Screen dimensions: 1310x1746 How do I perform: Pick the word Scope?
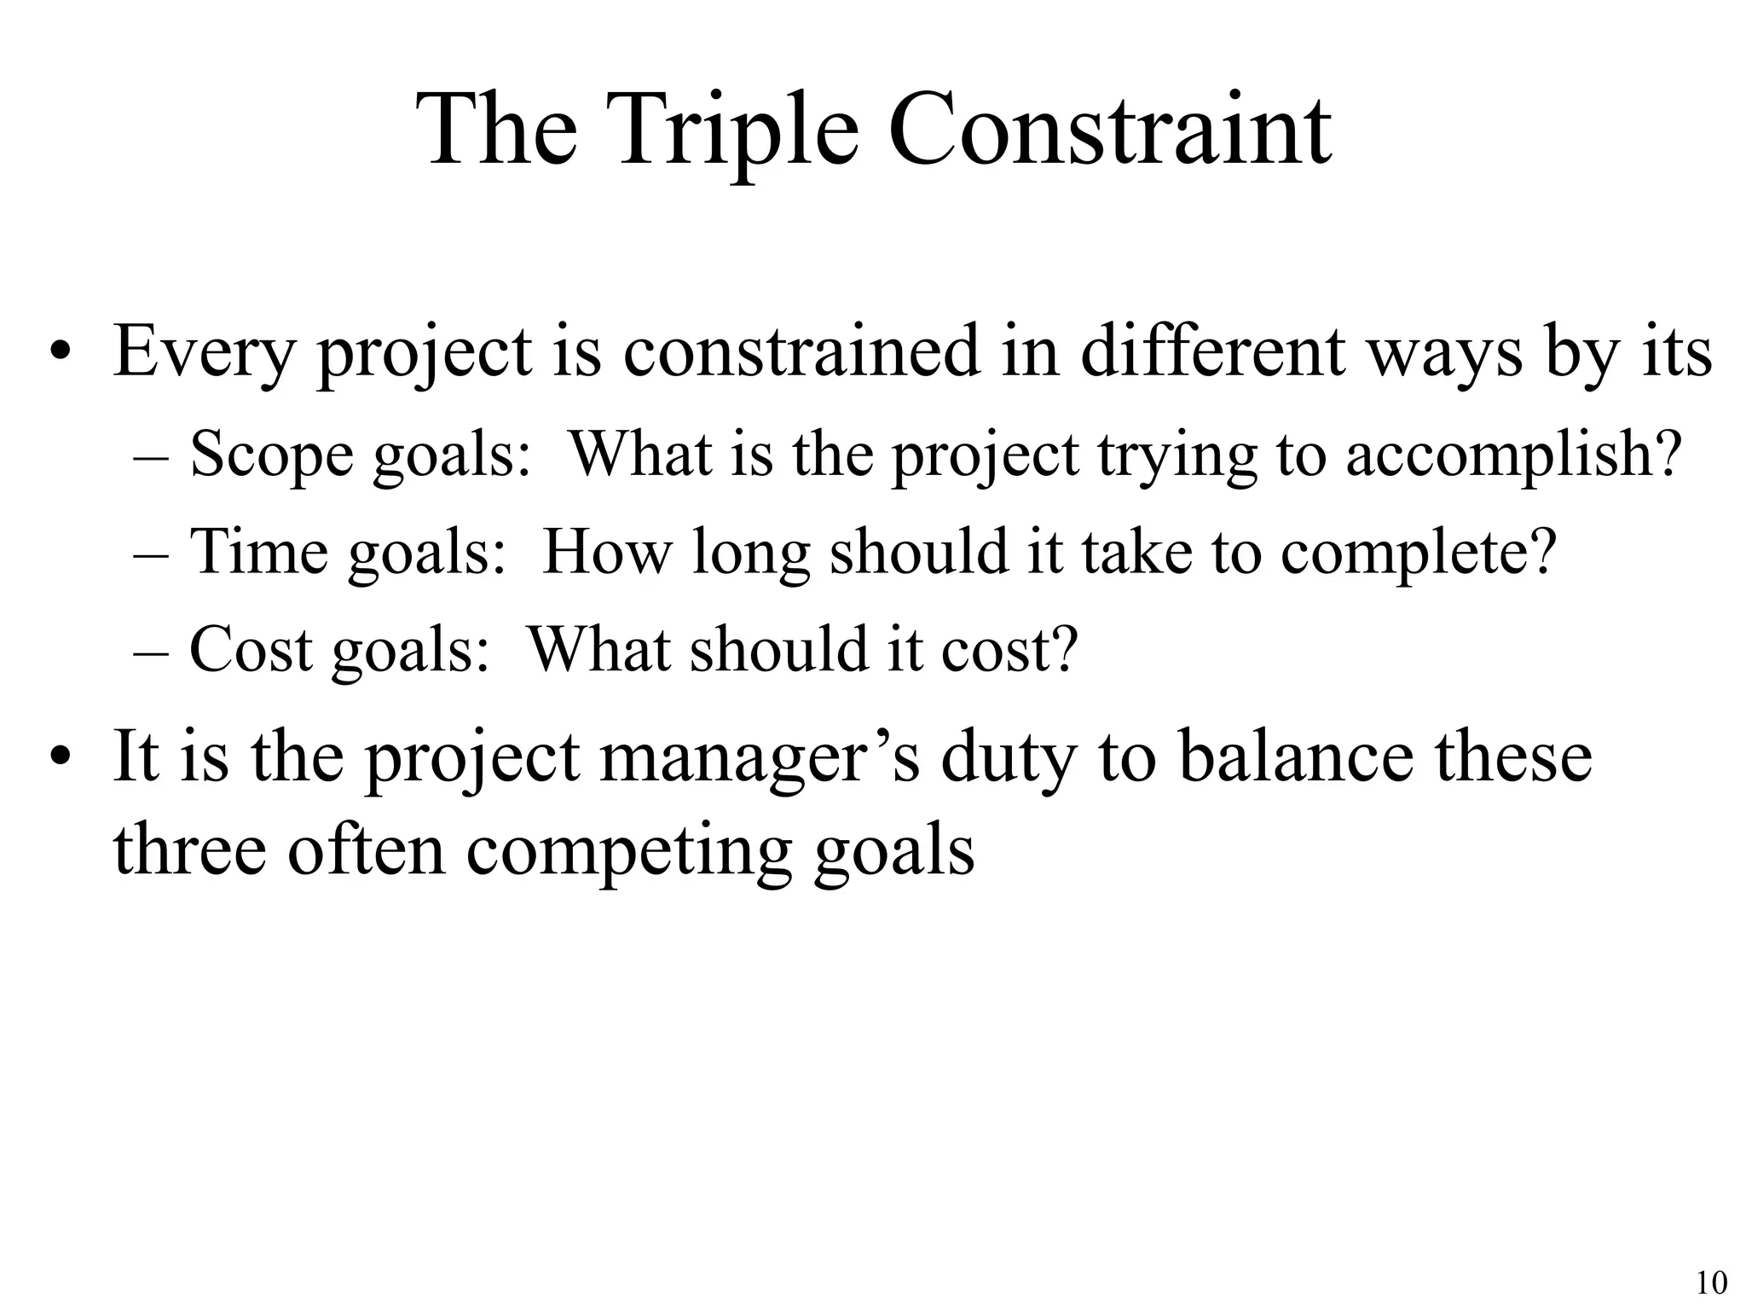tap(271, 454)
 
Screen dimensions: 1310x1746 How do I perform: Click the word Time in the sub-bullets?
tap(258, 551)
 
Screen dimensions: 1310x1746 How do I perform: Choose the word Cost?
tap(251, 649)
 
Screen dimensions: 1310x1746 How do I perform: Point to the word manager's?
tap(760, 757)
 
